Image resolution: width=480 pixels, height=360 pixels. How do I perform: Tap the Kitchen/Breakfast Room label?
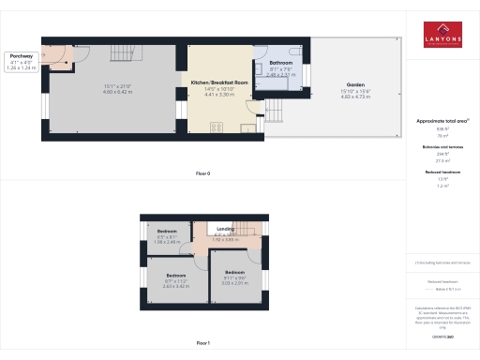point(220,82)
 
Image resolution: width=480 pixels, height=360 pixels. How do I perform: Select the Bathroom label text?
point(281,63)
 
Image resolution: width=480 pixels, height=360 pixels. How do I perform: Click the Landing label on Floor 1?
point(226,228)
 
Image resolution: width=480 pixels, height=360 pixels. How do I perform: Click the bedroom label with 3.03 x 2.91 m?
point(234,271)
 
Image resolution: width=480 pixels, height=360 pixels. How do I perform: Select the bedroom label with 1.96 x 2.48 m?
point(167,231)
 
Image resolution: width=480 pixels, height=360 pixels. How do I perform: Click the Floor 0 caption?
point(202,174)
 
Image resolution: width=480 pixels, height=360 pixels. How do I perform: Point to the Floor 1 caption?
point(202,344)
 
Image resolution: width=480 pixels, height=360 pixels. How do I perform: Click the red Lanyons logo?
point(443,33)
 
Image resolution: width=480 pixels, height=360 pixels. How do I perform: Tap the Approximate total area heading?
point(443,122)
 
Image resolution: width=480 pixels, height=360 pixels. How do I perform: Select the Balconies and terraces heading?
point(443,147)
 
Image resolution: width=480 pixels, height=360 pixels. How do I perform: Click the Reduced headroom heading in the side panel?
point(443,173)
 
